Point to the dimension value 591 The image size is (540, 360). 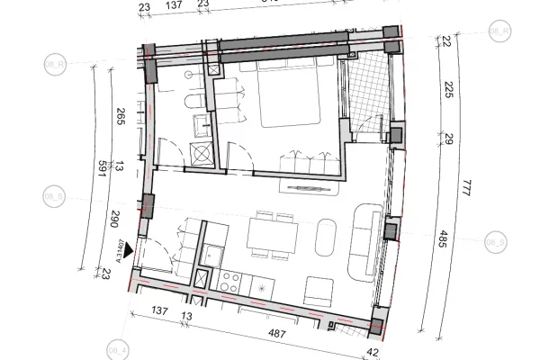(x=102, y=171)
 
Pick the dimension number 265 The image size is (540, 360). (x=121, y=118)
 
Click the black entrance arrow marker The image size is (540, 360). (x=130, y=251)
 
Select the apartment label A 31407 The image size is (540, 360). (x=116, y=246)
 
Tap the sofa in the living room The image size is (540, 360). (x=365, y=239)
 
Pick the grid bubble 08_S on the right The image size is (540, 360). (x=496, y=243)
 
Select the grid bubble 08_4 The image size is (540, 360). (x=117, y=348)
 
